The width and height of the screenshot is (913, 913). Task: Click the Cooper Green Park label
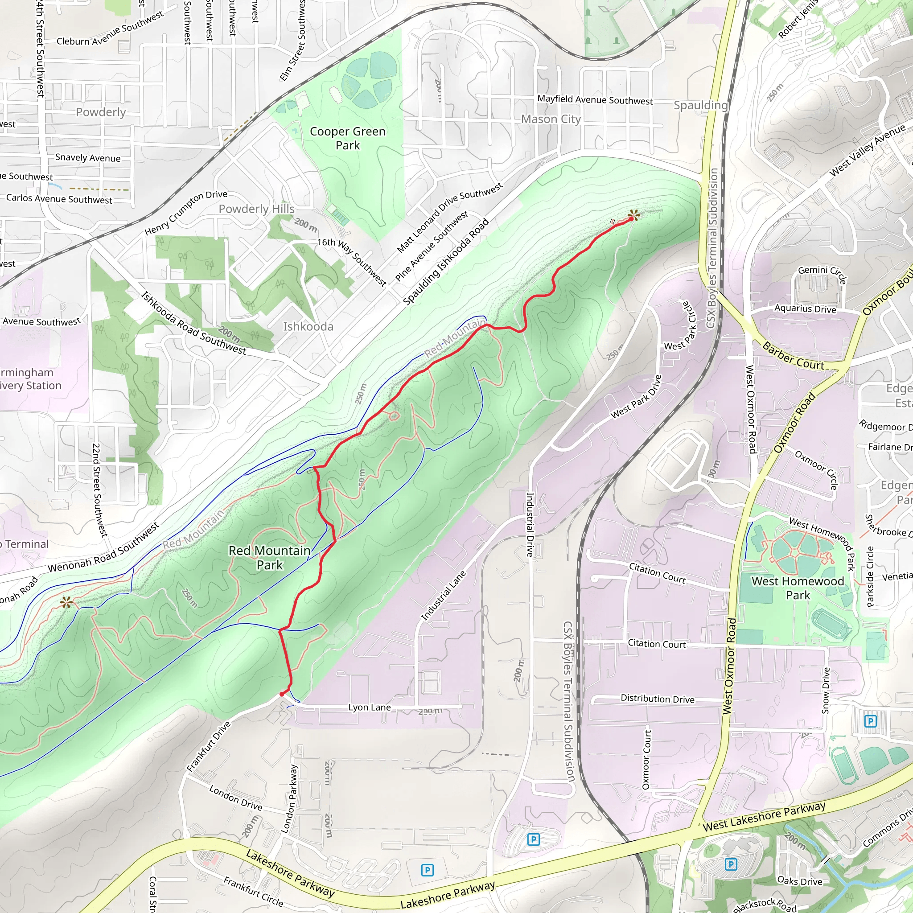pos(347,138)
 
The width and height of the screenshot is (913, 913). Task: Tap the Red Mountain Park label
pos(269,558)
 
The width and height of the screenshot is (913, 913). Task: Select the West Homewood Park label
pos(798,588)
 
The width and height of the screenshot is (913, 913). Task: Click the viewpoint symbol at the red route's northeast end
pos(634,215)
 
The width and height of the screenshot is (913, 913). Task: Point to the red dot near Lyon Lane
pos(282,694)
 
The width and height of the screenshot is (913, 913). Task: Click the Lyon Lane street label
pos(370,707)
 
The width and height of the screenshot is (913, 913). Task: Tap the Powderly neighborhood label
pos(101,112)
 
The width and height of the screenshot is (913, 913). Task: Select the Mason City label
pos(551,119)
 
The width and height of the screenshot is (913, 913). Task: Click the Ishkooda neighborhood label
pos(308,326)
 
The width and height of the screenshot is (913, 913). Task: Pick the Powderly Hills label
pos(257,209)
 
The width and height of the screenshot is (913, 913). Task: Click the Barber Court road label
pos(793,356)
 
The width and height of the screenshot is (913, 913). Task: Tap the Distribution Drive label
pos(658,699)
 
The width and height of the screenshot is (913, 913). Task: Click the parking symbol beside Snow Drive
pos(870,721)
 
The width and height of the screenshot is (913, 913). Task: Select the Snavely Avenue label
pos(88,157)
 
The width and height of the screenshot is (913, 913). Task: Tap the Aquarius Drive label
pos(805,308)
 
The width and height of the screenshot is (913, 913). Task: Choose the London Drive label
pos(235,798)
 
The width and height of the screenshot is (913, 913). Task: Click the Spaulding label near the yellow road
pos(700,105)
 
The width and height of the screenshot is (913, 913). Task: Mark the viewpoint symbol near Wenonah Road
pos(66,602)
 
